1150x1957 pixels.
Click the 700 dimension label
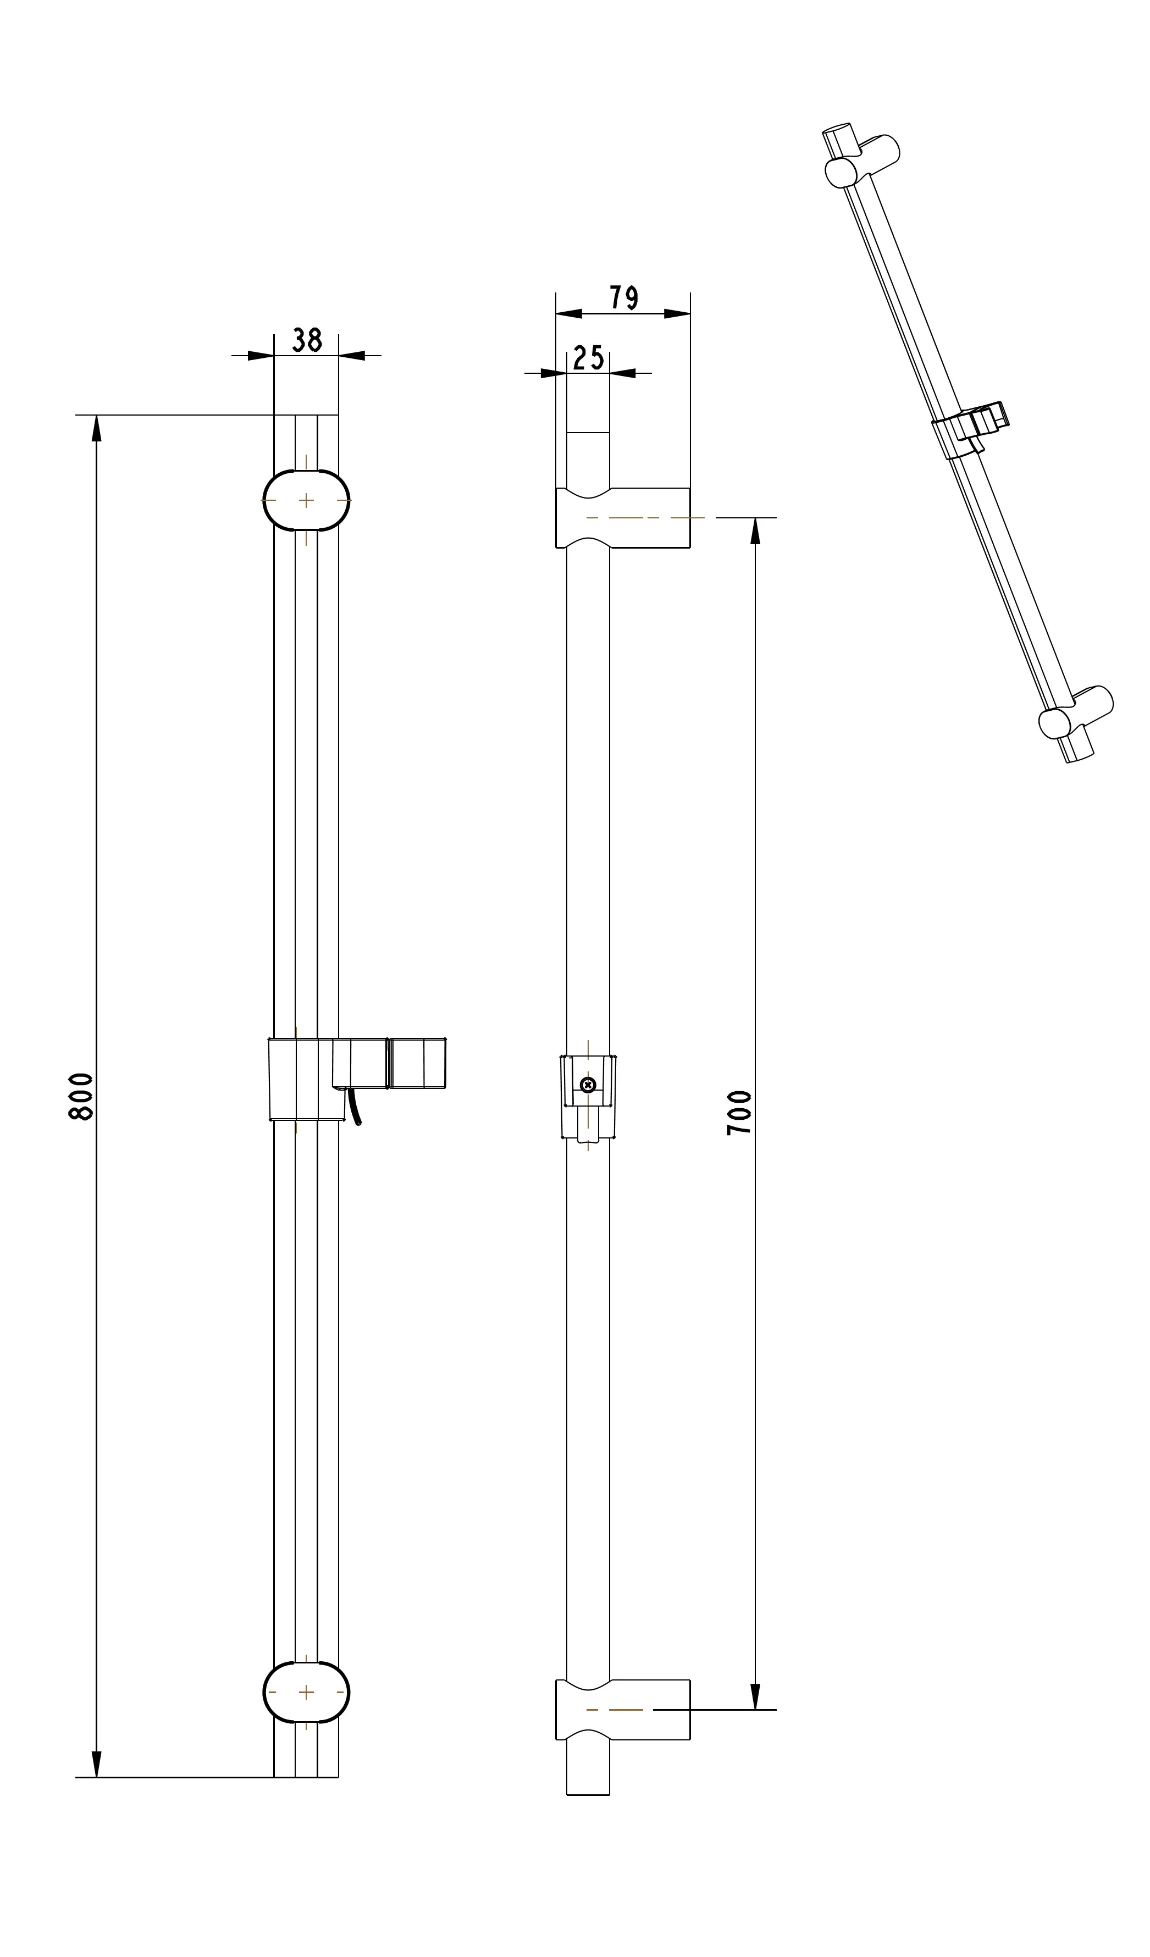[x=739, y=1113]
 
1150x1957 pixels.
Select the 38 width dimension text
[x=307, y=340]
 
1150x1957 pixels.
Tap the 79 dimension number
[x=623, y=297]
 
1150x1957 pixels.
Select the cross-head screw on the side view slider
[x=588, y=1085]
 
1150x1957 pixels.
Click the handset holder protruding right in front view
[x=417, y=1063]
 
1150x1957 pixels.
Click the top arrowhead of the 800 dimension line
[x=96, y=427]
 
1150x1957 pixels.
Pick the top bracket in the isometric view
[x=862, y=158]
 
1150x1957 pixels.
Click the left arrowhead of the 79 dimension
[x=568, y=314]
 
